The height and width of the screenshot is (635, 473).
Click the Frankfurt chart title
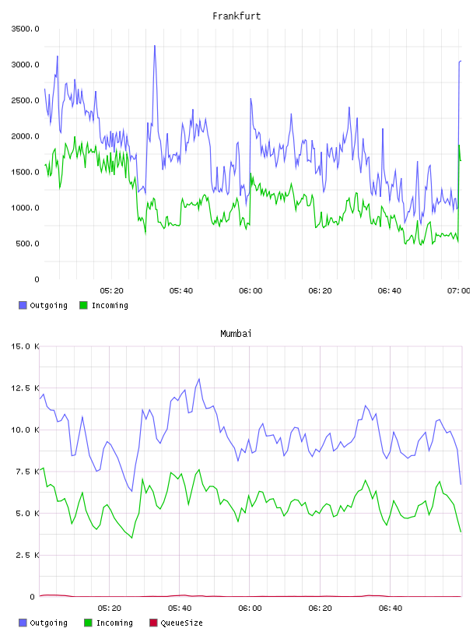(x=236, y=16)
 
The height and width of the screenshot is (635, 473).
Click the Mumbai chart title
(x=236, y=333)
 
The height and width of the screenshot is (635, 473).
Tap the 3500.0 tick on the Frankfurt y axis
(x=25, y=29)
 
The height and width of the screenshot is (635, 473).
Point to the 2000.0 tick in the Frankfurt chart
(x=25, y=136)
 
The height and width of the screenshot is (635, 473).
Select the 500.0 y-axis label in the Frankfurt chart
(x=27, y=244)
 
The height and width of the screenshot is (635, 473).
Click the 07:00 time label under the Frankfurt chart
(x=458, y=290)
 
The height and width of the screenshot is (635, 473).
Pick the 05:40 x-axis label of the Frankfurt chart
(x=181, y=290)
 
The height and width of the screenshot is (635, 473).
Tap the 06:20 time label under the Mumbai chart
(x=320, y=608)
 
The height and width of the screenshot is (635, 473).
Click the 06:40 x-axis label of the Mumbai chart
(x=391, y=608)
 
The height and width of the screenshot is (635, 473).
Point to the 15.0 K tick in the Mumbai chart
(x=25, y=346)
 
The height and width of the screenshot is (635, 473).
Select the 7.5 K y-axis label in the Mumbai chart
(x=27, y=472)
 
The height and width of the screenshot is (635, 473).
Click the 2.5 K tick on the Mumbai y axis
(x=27, y=555)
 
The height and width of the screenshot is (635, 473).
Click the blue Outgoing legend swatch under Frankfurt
(x=23, y=305)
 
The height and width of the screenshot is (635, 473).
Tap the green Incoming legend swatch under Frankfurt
(x=83, y=305)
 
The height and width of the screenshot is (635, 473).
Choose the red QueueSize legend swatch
(x=153, y=623)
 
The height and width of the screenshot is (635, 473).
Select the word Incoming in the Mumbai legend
(x=114, y=623)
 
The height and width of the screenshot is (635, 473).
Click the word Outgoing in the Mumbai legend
(x=48, y=623)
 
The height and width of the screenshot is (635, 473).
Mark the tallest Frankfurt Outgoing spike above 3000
(x=155, y=46)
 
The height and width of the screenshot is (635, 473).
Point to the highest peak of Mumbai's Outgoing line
(x=199, y=379)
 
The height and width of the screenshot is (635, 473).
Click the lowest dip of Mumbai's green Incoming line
(x=132, y=538)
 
